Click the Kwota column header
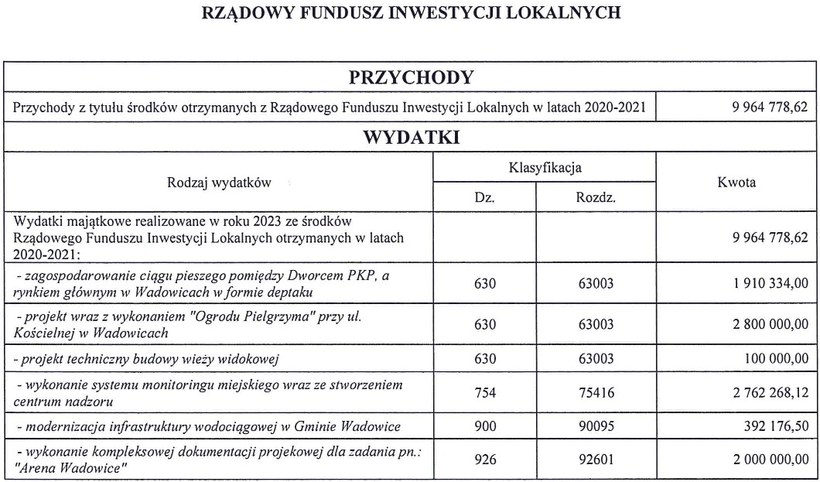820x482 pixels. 736,183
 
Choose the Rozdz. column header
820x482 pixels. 594,198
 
